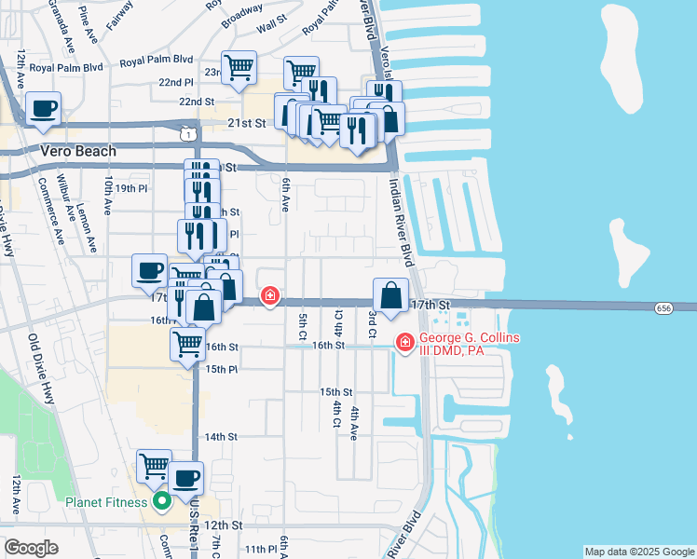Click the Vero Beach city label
point(78,151)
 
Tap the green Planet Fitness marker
point(161,502)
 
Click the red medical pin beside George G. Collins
point(405,344)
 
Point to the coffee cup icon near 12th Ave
point(44,108)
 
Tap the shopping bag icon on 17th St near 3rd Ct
point(390,295)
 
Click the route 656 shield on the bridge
point(663,307)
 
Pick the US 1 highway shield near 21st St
point(188,135)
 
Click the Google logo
point(31,547)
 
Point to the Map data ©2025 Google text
point(639,552)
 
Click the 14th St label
point(221,436)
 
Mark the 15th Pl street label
point(221,370)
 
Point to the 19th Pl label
point(131,188)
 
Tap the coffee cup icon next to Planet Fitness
point(185,480)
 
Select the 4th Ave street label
point(354,423)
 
